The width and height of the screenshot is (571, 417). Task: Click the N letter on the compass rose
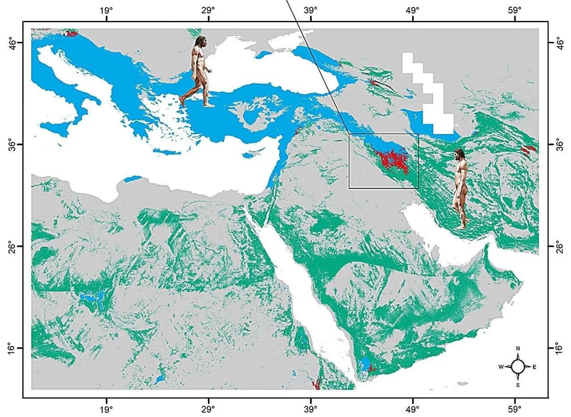point(518,349)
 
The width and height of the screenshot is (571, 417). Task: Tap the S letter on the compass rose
point(518,385)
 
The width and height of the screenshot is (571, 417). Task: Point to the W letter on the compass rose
point(501,367)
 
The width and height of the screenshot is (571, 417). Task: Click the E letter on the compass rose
point(534,367)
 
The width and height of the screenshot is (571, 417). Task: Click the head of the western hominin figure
point(200,41)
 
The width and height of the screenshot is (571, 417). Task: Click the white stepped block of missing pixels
point(431,95)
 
